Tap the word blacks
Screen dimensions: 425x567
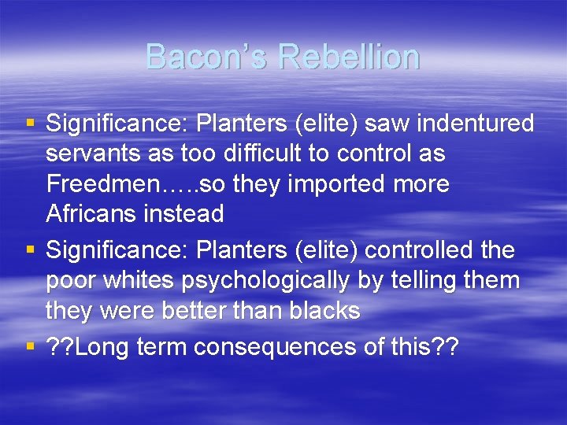click(x=325, y=311)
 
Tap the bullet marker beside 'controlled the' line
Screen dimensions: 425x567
click(x=30, y=249)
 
